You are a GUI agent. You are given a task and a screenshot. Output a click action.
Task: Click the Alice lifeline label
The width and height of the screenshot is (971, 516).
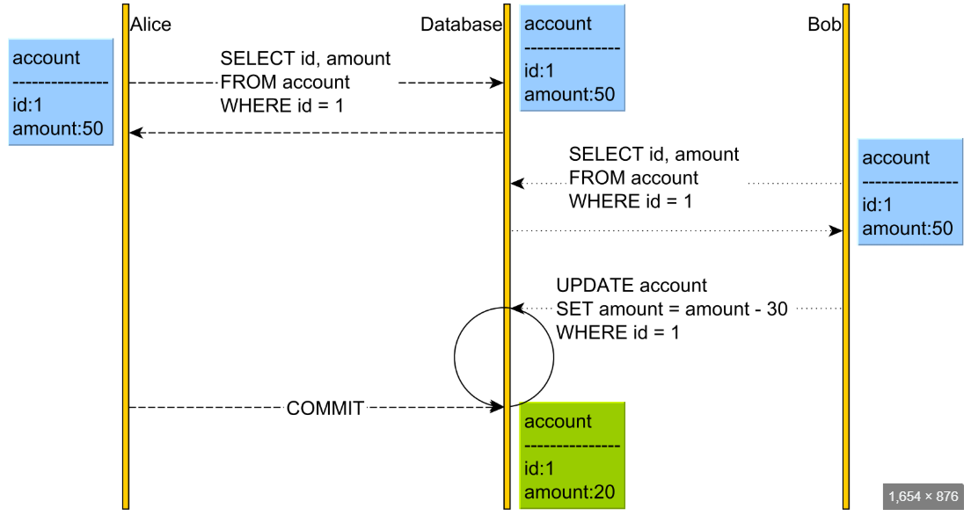tap(150, 25)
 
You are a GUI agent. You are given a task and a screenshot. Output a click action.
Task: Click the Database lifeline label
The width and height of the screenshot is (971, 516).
tap(460, 25)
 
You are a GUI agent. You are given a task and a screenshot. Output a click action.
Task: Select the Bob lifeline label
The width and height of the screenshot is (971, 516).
tap(823, 25)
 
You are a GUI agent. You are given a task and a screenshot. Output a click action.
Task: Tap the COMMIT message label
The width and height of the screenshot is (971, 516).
tap(325, 408)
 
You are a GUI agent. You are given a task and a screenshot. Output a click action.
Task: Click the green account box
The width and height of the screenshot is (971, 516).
tap(572, 455)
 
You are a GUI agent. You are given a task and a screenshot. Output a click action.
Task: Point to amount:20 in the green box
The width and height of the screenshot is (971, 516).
tap(569, 492)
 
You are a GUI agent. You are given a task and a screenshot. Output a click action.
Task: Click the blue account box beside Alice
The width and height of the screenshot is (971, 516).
tap(61, 93)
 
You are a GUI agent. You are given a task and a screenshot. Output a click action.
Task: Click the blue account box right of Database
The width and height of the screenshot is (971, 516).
tap(572, 58)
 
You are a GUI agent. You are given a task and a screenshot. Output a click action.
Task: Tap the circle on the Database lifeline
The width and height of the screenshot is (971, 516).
tap(504, 356)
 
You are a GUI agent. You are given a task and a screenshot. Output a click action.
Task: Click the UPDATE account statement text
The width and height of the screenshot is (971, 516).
tap(631, 286)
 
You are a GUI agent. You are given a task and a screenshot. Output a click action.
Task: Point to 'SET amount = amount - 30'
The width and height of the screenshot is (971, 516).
tap(671, 309)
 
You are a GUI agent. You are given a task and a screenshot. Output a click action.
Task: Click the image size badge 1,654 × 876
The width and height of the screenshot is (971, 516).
tap(923, 496)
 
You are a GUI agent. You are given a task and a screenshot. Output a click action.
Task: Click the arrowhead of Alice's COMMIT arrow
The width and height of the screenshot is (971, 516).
tap(497, 407)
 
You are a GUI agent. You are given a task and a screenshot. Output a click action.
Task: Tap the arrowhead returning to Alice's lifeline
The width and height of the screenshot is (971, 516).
tap(135, 133)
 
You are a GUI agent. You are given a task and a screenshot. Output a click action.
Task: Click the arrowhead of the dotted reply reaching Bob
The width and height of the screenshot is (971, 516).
tap(836, 230)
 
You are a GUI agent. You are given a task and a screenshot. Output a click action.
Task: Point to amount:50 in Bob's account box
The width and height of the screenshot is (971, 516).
tap(907, 229)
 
